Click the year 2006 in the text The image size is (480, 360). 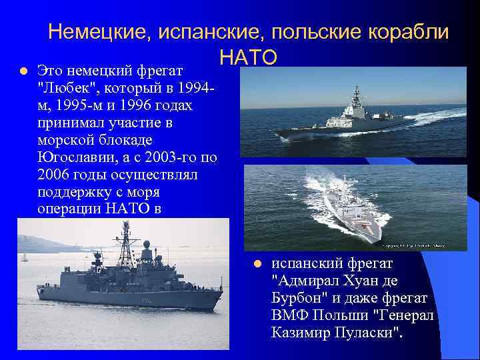click(x=57, y=175)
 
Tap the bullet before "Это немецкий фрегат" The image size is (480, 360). click(x=22, y=71)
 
